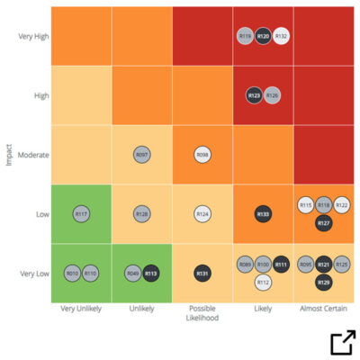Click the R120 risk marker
[x=263, y=36]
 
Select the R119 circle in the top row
[x=245, y=36]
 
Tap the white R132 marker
[x=281, y=36]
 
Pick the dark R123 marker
[x=254, y=94]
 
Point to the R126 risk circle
[x=272, y=94]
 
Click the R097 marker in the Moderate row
[x=141, y=155]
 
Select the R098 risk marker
[x=202, y=155]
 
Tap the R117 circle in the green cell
[x=81, y=213]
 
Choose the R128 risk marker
[x=141, y=213]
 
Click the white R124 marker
[x=202, y=213]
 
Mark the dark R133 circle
[x=263, y=213]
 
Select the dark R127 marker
[x=323, y=222]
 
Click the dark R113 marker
[x=150, y=273]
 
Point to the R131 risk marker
[x=202, y=273]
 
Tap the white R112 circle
[x=263, y=283]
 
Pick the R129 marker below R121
[x=323, y=283]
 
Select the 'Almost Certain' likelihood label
[x=323, y=308]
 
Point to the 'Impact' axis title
[x=9, y=155]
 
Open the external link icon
[x=342, y=343]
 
